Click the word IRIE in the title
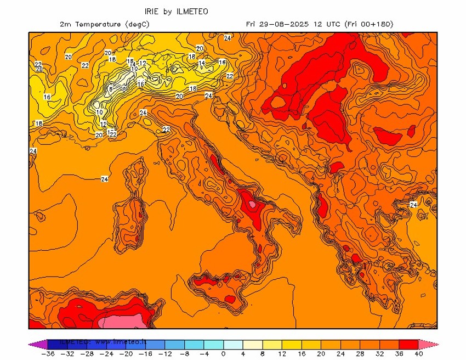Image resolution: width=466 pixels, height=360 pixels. [152, 11]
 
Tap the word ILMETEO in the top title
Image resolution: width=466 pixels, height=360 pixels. [192, 11]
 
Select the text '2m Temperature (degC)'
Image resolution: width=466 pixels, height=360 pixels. [104, 24]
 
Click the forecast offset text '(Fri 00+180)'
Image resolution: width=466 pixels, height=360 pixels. [368, 24]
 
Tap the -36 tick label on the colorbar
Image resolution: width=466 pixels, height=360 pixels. [48, 354]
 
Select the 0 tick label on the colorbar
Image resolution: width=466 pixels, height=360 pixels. [223, 354]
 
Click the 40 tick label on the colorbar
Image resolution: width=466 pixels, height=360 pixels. [419, 354]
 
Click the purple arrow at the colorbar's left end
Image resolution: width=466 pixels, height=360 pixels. [35, 344]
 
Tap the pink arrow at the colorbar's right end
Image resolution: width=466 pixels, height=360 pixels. [431, 344]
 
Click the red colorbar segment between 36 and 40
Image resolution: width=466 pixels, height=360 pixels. [409, 344]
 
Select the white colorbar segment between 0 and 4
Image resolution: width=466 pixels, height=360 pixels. [233, 344]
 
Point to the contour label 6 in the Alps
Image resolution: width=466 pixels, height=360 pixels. [111, 89]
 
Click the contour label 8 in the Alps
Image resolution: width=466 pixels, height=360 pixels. [124, 89]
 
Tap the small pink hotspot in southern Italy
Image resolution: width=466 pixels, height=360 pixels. [252, 204]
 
